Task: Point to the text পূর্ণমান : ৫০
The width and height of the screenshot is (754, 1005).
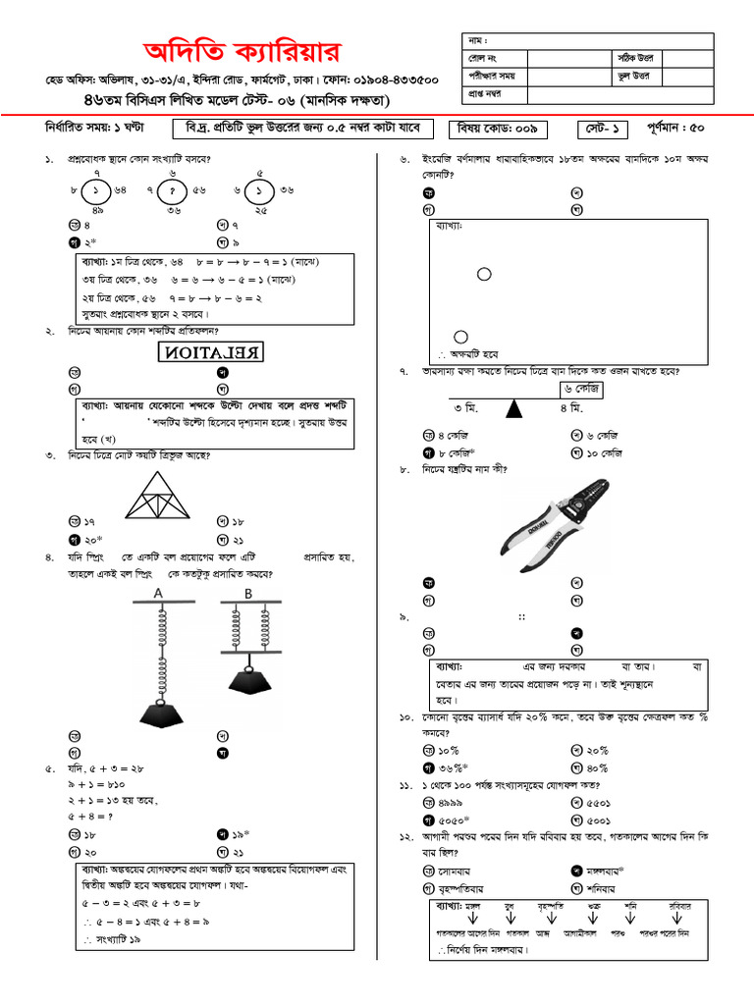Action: click(674, 129)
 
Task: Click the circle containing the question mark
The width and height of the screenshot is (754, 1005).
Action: click(173, 190)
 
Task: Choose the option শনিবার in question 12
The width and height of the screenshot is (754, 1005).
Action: click(607, 888)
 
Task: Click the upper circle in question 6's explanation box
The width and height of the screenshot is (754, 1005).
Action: click(484, 274)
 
